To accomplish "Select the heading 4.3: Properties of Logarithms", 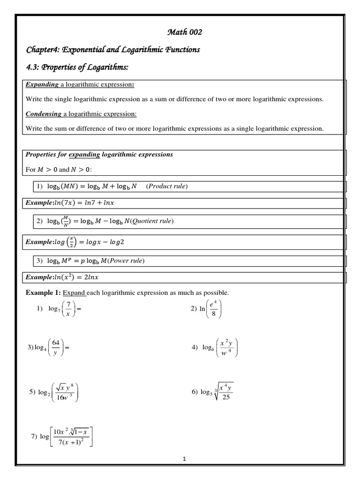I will [77, 68].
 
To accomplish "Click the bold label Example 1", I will [43, 293].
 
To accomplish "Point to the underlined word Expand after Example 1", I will [74, 293].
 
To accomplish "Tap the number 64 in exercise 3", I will [55, 343].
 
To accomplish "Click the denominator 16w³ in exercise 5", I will [63, 398].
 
